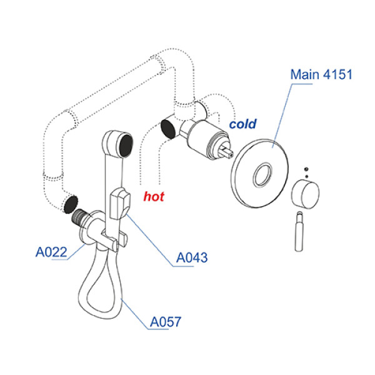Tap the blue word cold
click(x=242, y=124)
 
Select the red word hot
click(x=154, y=197)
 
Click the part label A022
click(x=51, y=253)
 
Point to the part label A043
click(x=192, y=257)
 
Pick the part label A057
click(x=166, y=322)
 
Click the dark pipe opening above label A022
click(x=71, y=203)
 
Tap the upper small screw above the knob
click(x=305, y=168)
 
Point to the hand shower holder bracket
click(x=120, y=204)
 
